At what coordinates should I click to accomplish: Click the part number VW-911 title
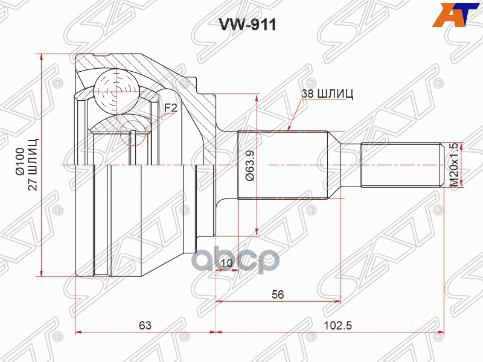pyautogui.click(x=241, y=26)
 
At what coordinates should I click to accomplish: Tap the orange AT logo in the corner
pyautogui.click(x=456, y=14)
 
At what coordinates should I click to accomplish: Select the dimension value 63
pyautogui.click(x=144, y=325)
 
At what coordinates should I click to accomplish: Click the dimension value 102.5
pyautogui.click(x=337, y=325)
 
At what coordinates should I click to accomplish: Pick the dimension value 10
pyautogui.click(x=226, y=262)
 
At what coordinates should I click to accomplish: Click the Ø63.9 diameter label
pyautogui.click(x=248, y=165)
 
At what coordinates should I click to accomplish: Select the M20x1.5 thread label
pyautogui.click(x=454, y=165)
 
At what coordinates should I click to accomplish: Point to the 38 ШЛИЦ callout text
pyautogui.click(x=327, y=94)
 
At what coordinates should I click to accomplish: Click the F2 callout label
pyautogui.click(x=171, y=108)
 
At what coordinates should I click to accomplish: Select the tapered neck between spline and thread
pyautogui.click(x=344, y=165)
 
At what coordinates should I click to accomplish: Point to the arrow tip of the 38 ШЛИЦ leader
pyautogui.click(x=290, y=131)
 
